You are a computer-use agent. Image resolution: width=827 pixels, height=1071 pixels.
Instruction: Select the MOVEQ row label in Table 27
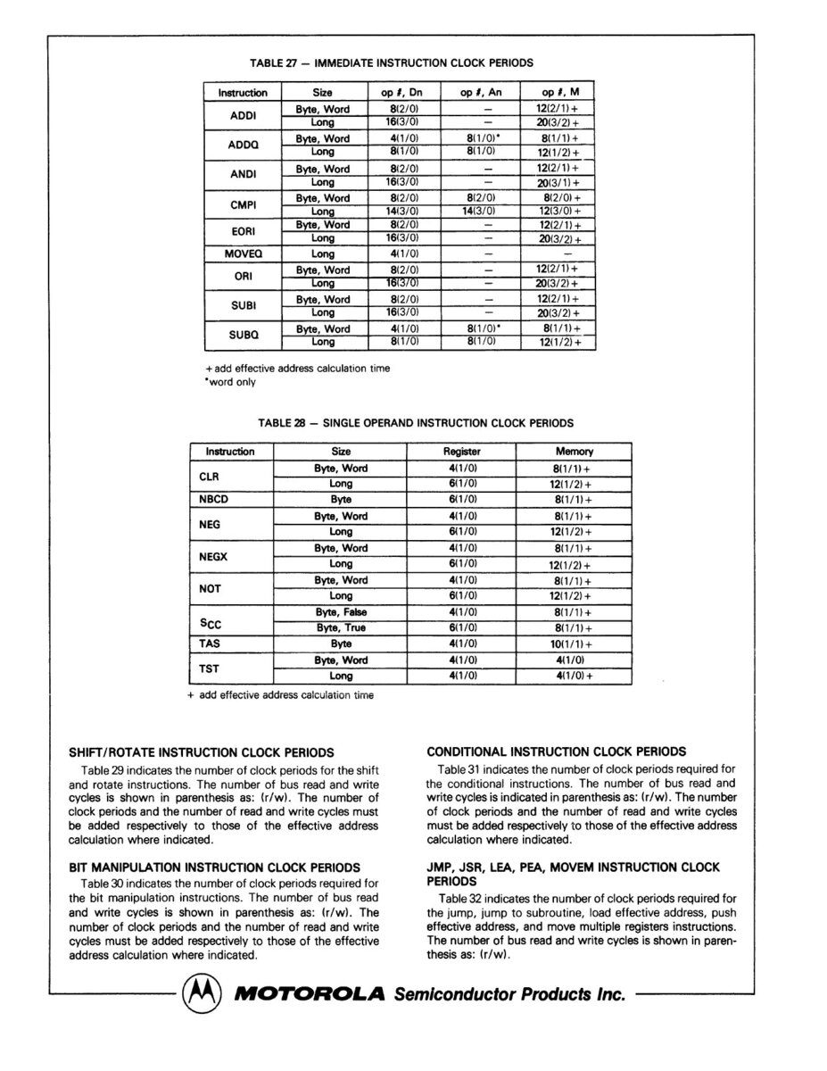[243, 254]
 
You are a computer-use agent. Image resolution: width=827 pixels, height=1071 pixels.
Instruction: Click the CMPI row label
[243, 204]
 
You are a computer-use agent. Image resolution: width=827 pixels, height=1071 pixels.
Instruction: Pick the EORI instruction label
[243, 232]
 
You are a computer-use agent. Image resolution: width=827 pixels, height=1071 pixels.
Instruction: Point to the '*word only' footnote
[231, 382]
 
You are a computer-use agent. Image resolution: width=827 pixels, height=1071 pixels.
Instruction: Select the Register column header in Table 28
[461, 452]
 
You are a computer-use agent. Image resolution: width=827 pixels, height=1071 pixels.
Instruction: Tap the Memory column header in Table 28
[574, 452]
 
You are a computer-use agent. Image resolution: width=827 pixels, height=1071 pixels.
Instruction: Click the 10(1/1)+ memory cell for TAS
[574, 643]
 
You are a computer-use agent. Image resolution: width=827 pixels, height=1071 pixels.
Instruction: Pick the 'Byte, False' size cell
[341, 612]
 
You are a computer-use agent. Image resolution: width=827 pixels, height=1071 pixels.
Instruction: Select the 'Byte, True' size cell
[341, 627]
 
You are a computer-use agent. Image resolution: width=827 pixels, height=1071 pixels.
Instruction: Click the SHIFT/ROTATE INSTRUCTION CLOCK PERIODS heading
[202, 752]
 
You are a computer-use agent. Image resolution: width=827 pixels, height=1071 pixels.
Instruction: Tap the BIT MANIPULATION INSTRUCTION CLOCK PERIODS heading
[214, 868]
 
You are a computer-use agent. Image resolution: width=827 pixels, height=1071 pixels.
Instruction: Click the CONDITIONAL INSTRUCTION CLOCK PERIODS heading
[557, 752]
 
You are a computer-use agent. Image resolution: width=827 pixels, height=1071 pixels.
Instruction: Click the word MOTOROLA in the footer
[309, 993]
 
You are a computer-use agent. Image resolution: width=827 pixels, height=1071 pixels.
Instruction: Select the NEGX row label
[213, 556]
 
